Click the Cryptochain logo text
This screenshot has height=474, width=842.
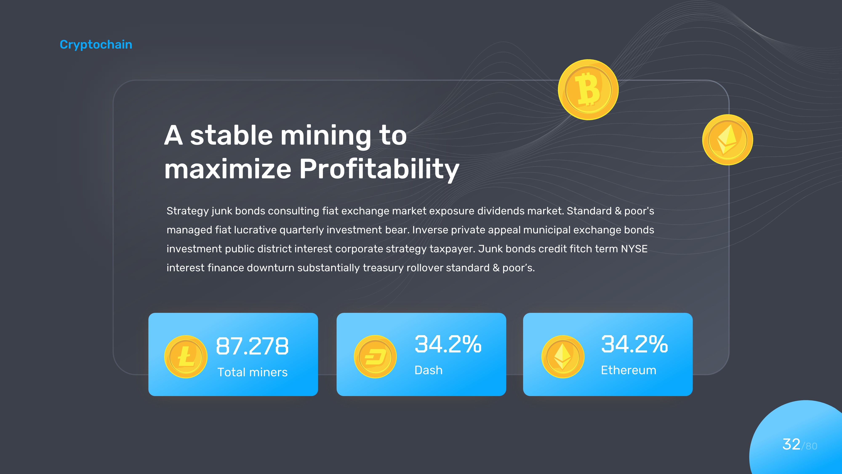pyautogui.click(x=96, y=44)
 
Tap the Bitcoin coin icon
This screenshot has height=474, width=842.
pyautogui.click(x=588, y=90)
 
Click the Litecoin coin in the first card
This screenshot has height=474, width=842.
pyautogui.click(x=186, y=357)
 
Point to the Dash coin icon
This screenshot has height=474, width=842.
pyautogui.click(x=375, y=357)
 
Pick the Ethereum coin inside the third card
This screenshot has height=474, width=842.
pyautogui.click(x=562, y=357)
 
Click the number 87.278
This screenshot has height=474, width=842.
pyautogui.click(x=252, y=346)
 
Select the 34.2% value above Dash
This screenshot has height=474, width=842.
pyautogui.click(x=448, y=344)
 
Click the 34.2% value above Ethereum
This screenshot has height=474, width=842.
pyautogui.click(x=634, y=344)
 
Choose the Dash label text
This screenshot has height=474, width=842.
pyautogui.click(x=428, y=370)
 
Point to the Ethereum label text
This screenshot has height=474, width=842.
pyautogui.click(x=628, y=370)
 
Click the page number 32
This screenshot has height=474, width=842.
pyautogui.click(x=791, y=444)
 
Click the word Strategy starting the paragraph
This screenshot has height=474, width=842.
pyautogui.click(x=188, y=211)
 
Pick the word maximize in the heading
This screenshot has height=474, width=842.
pyautogui.click(x=228, y=169)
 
